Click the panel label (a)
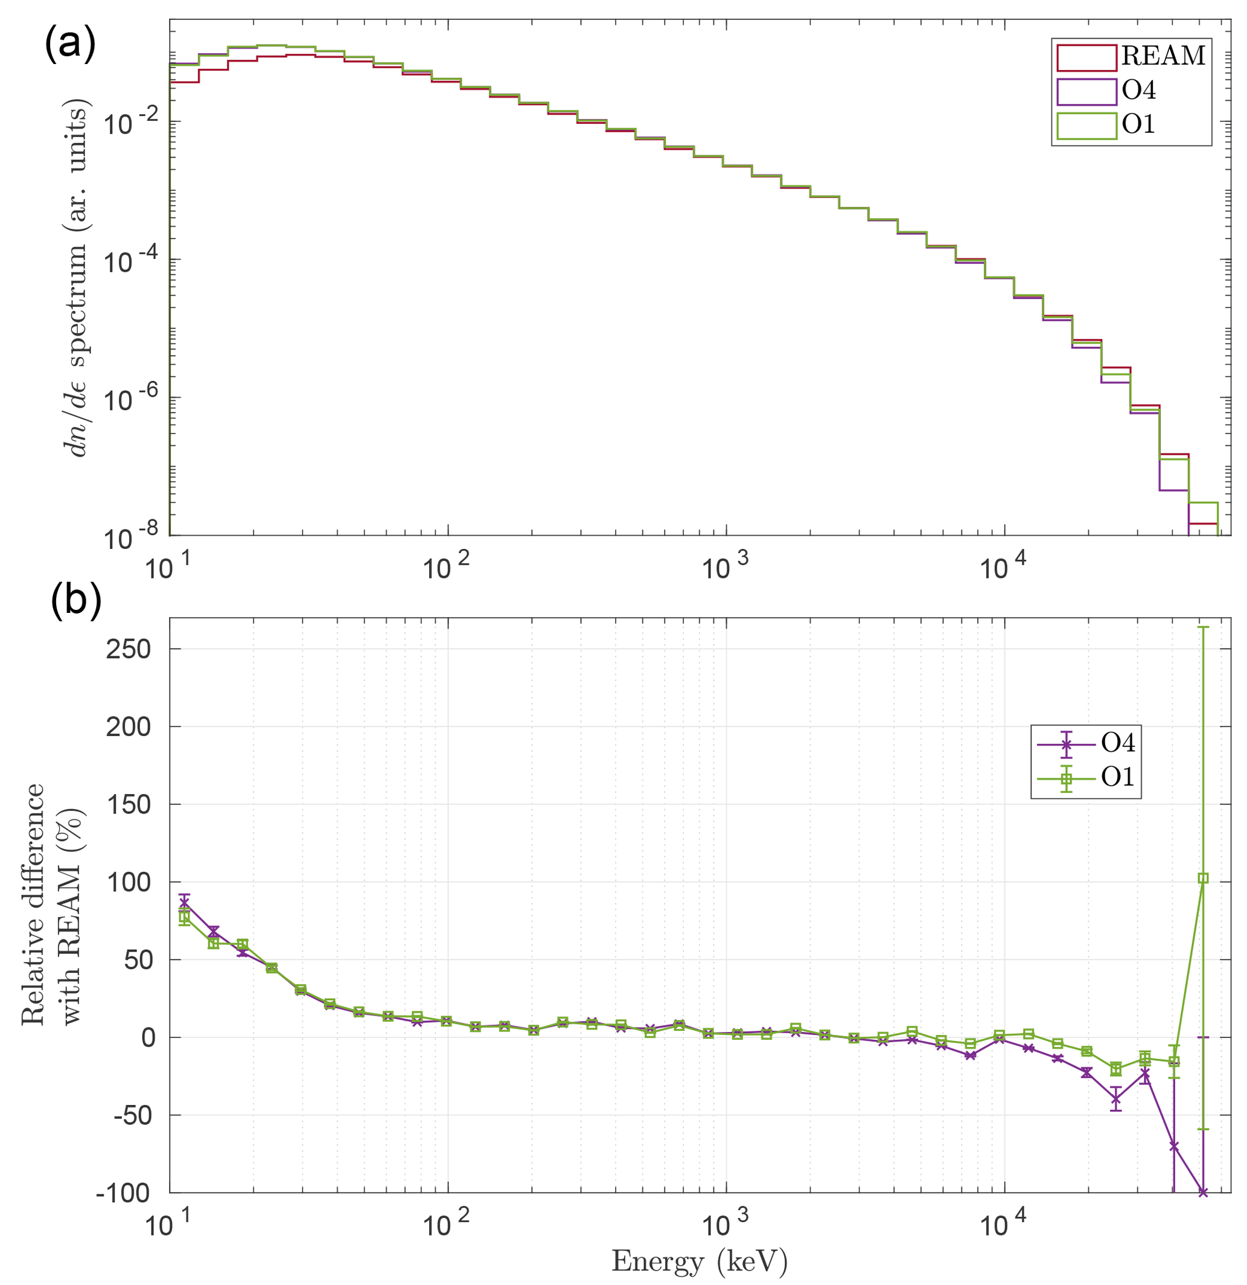(70, 45)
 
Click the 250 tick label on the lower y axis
(129, 649)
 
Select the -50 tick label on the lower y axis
(132, 1115)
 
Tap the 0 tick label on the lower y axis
(148, 1038)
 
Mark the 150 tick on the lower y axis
(129, 804)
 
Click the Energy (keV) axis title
(699, 1261)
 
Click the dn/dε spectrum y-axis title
(76, 278)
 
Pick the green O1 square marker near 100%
(1203, 879)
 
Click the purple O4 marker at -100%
(1203, 1192)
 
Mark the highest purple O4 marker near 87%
(184, 902)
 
